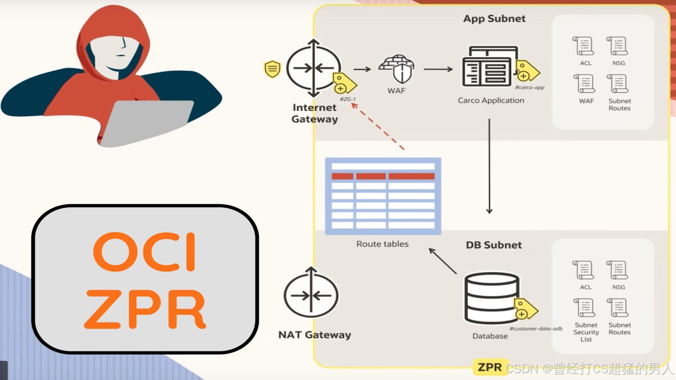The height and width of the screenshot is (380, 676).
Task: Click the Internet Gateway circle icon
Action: coord(313,68)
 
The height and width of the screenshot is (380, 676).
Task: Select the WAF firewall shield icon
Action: coord(397,69)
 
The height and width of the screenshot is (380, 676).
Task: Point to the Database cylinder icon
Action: coord(491,298)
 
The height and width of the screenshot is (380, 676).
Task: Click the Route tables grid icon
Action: coord(383,196)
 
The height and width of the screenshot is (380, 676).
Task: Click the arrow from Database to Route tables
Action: coord(443,261)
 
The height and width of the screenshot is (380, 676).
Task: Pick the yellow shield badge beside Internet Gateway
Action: coord(273,69)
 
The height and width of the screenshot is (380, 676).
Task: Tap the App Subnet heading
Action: coord(494,18)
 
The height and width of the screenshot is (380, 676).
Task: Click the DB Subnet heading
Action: coord(493,245)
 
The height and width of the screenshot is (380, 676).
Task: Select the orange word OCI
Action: coord(145,252)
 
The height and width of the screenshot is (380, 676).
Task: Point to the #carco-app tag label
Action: coord(529,87)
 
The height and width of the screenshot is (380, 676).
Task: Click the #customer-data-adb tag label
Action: coord(536,328)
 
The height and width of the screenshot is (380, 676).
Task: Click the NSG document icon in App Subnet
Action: coord(618,46)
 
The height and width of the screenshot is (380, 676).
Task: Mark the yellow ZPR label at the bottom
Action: coord(490,367)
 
